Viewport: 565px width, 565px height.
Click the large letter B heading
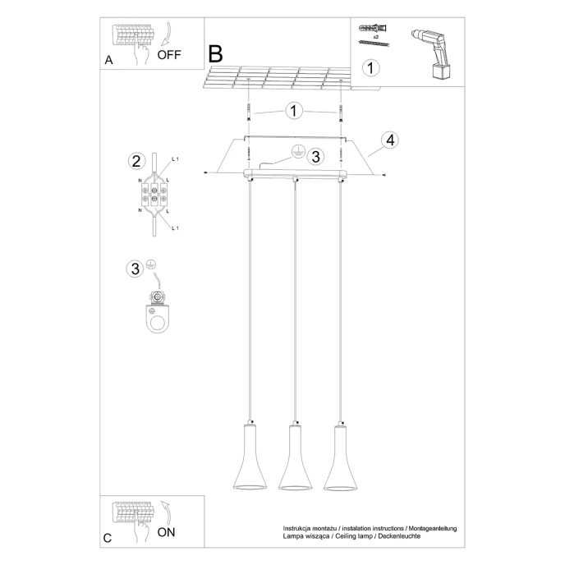(216, 54)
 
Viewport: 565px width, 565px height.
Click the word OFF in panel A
(168, 56)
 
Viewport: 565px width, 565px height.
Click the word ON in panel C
(166, 532)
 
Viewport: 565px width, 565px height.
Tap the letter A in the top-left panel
(108, 61)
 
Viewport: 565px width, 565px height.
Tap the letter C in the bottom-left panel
(108, 538)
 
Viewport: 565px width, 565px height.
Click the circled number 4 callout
(391, 140)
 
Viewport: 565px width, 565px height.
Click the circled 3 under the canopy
(316, 155)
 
